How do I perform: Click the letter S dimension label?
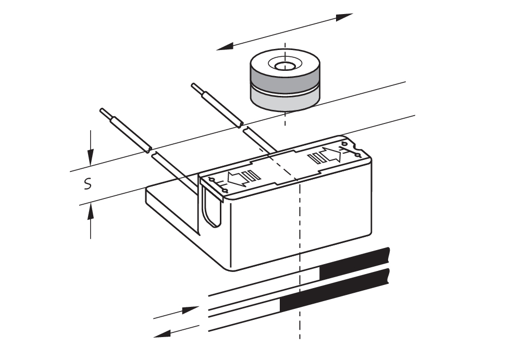(x=89, y=184)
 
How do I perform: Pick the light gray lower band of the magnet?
(x=284, y=101)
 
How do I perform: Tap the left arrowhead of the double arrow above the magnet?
(x=225, y=47)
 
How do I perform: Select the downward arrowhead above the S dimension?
(x=91, y=155)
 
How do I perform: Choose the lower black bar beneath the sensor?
(x=333, y=292)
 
